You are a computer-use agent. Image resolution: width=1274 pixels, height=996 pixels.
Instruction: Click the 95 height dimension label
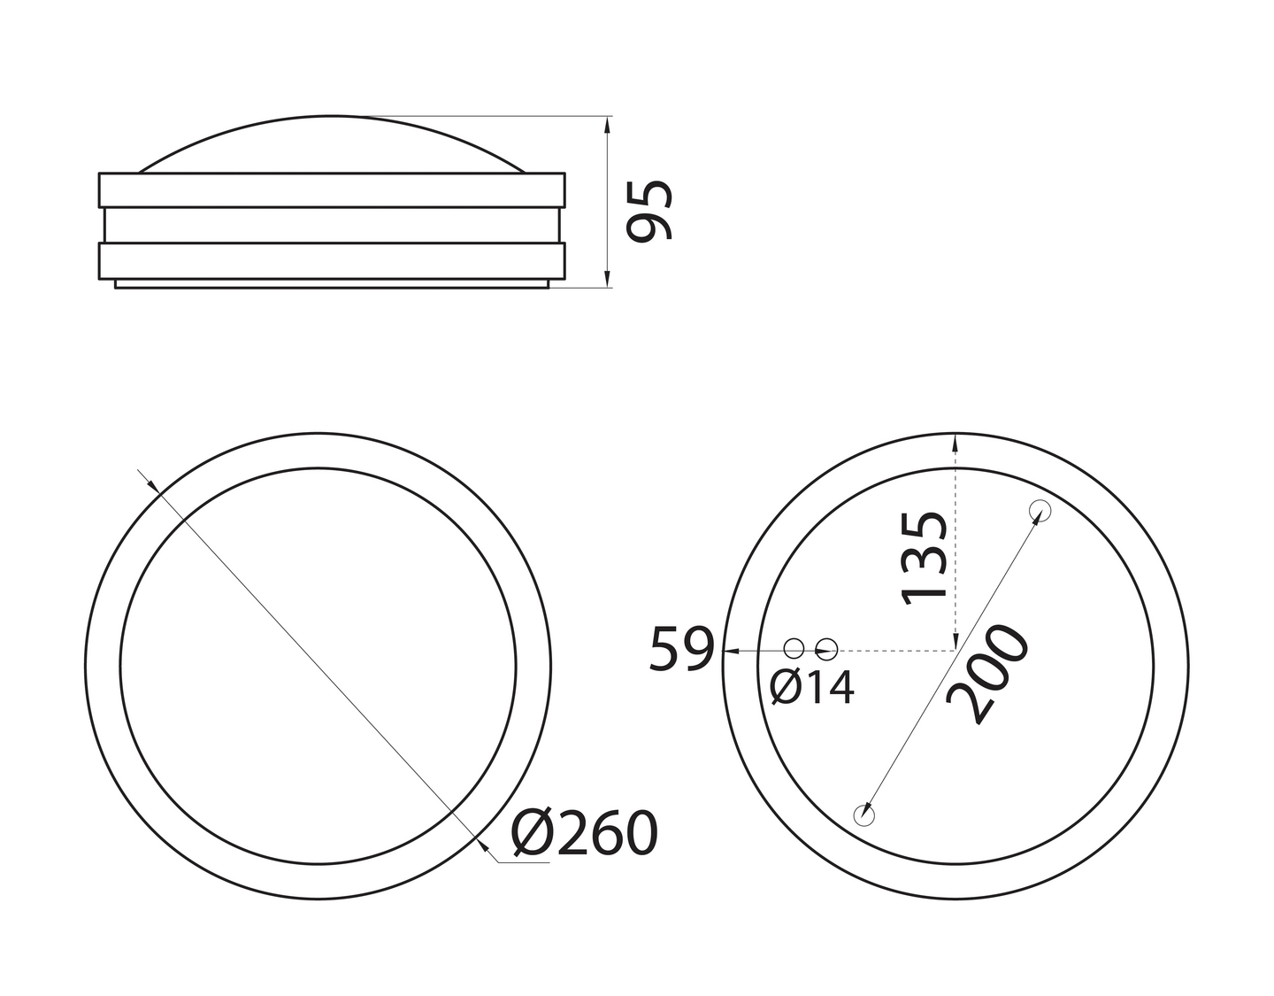pos(650,210)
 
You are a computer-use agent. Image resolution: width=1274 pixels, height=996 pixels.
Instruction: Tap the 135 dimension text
pos(925,559)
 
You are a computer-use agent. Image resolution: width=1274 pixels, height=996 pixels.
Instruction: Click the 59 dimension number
pos(680,649)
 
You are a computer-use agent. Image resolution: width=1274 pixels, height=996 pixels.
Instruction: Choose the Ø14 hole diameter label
pos(812,687)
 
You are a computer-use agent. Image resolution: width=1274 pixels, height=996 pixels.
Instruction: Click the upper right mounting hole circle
pos(1039,511)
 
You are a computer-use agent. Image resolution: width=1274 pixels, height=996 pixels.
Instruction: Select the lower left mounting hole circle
pos(863,815)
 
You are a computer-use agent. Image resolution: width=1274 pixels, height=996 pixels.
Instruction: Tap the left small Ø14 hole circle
pos(794,649)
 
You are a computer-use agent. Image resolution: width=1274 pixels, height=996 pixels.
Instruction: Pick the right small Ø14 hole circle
pos(826,649)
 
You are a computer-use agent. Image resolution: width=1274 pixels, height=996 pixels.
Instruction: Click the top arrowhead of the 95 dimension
pos(607,124)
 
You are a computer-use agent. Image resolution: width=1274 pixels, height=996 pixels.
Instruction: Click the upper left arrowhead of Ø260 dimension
pos(151,484)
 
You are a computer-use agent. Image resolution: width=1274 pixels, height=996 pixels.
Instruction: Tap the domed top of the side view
pos(332,142)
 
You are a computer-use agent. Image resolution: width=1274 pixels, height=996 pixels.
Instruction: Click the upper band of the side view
pos(332,190)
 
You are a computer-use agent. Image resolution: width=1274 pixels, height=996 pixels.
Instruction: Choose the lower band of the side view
pos(332,260)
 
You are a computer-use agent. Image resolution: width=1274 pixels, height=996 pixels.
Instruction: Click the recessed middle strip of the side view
pos(332,225)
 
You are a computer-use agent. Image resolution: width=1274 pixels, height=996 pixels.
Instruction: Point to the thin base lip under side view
pos(332,283)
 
